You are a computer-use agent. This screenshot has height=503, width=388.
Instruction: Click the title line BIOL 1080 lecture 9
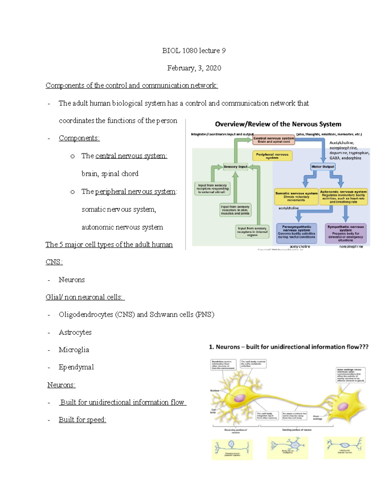pos(194,51)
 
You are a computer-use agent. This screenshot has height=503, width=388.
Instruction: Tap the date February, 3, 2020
pos(194,68)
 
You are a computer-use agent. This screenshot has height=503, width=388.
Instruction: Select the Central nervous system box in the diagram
pos(274,140)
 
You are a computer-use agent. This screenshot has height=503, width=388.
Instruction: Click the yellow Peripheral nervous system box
pos(272,156)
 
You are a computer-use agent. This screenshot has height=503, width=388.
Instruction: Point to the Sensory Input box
pos(235,167)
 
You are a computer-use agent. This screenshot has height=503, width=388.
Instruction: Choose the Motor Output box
pos(322,167)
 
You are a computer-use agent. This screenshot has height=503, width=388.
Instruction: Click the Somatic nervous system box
pos(296,197)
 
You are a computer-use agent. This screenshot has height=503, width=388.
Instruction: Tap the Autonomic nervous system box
pos(343,197)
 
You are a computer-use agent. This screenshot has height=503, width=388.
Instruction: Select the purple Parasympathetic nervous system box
pos(296,233)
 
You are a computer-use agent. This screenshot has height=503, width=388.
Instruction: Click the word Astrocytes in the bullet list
pos(75,332)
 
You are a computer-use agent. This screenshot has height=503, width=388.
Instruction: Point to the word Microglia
pos(74,350)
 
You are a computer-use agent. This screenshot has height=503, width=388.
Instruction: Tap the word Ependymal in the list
pos(76,367)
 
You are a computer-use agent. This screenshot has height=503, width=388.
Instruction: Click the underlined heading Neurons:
pos(61,385)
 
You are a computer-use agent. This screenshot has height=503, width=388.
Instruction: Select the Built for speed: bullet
pos(82,420)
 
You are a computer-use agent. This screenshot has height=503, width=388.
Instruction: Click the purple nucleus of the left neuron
pos(240,398)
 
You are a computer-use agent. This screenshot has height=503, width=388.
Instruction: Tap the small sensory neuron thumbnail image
pos(232,449)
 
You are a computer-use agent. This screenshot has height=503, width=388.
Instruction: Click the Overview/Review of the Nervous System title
pos(278,124)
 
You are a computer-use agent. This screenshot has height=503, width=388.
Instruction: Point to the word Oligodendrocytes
pos(86,314)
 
